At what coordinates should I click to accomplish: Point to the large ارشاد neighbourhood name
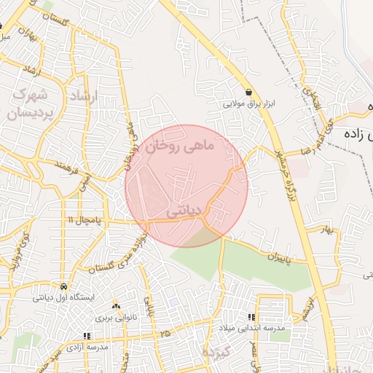click(82, 95)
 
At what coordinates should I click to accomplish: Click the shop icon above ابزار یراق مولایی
click(250, 92)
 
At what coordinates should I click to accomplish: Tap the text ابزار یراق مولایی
click(252, 104)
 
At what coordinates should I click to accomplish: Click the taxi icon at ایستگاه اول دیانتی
click(65, 286)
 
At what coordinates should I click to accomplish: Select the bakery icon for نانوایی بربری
click(116, 306)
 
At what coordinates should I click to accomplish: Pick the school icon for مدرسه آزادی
click(87, 337)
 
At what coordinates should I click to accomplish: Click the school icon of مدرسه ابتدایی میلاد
click(251, 318)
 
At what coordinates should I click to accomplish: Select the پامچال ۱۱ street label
click(86, 219)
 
